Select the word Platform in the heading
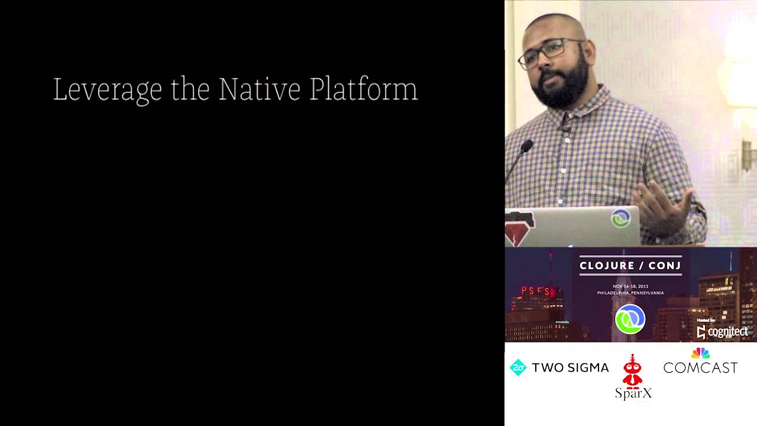[x=363, y=89]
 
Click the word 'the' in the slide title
[x=190, y=89]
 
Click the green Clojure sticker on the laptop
[x=620, y=218]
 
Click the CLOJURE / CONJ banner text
[x=630, y=266]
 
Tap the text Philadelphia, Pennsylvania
[x=630, y=293]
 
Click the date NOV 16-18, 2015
[x=630, y=286]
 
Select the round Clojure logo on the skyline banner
[x=630, y=319]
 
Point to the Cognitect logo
[x=723, y=332]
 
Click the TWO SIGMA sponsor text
[x=570, y=368]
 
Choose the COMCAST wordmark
[x=700, y=368]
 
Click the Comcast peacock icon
[x=700, y=353]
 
